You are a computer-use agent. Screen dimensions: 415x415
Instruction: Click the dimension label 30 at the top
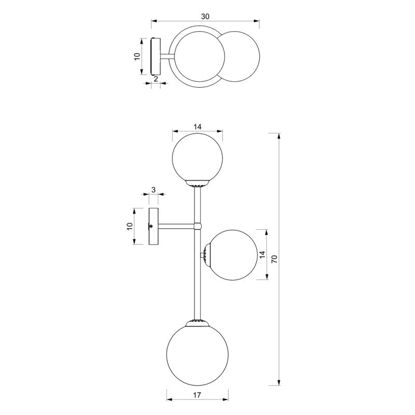(x=205, y=17)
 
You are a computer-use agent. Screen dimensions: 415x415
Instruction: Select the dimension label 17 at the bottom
(x=197, y=395)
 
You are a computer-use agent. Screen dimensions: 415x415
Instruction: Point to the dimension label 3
(x=153, y=189)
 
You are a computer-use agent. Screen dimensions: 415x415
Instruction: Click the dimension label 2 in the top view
(x=156, y=79)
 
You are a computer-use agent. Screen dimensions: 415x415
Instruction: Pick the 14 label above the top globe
(x=197, y=127)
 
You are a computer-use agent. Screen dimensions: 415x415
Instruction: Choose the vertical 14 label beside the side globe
(x=262, y=255)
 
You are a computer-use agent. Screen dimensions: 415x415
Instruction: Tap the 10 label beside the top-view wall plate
(x=137, y=57)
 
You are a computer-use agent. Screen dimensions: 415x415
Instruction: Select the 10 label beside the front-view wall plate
(x=129, y=226)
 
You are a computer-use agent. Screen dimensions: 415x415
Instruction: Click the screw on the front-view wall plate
(x=151, y=226)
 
